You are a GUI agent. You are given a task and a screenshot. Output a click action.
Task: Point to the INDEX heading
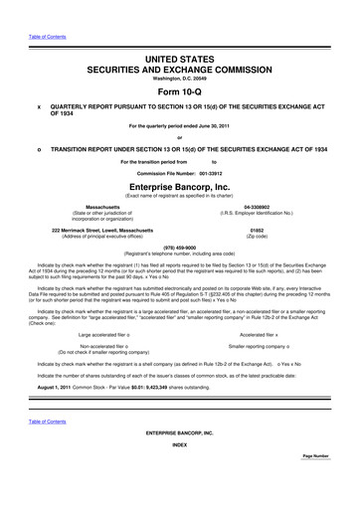coord(180,472)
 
